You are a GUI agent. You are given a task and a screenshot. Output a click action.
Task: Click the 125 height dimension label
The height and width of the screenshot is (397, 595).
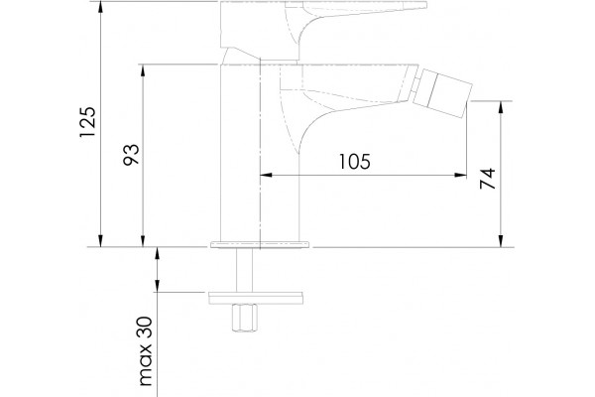tap(87, 122)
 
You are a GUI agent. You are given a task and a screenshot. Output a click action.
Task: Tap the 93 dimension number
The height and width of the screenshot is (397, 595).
tap(131, 154)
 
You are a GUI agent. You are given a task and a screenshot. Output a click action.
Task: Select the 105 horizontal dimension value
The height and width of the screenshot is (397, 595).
tap(354, 162)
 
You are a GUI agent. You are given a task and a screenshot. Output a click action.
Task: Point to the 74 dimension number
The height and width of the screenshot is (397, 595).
tap(488, 179)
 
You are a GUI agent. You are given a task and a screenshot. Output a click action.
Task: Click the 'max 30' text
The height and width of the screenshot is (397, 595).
tap(146, 351)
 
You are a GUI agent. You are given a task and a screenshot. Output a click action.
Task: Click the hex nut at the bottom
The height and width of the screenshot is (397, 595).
tap(245, 318)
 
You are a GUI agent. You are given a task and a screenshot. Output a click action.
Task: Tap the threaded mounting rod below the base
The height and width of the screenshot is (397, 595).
tap(244, 270)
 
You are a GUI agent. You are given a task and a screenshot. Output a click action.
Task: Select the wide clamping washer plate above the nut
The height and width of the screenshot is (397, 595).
tap(256, 298)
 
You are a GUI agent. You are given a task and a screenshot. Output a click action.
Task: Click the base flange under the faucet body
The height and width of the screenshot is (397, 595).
tap(260, 244)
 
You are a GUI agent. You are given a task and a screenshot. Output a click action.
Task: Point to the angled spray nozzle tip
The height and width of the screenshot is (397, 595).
tap(443, 93)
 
